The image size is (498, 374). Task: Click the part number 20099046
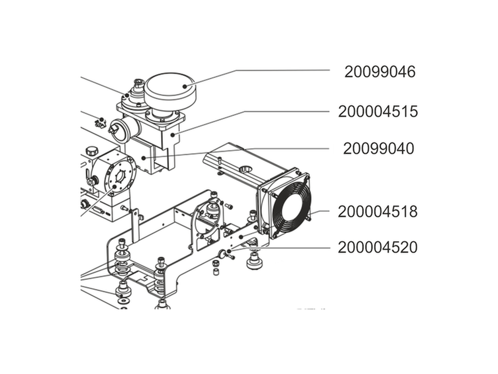click(380, 72)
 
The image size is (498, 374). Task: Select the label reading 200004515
click(378, 112)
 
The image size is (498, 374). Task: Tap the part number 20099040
click(378, 149)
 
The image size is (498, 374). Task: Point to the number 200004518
click(378, 212)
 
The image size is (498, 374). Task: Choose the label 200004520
click(378, 248)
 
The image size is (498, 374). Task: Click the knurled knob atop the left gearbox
click(92, 151)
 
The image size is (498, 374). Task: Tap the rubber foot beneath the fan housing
click(253, 262)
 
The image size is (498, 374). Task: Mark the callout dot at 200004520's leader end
click(228, 251)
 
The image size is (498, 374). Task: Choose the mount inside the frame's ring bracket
click(212, 210)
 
